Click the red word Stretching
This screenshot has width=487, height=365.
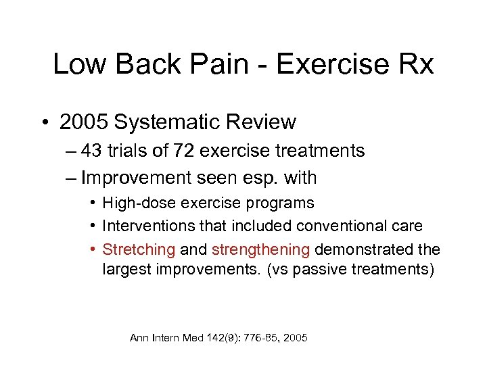coord(139,249)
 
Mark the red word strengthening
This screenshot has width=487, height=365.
coord(261,249)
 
